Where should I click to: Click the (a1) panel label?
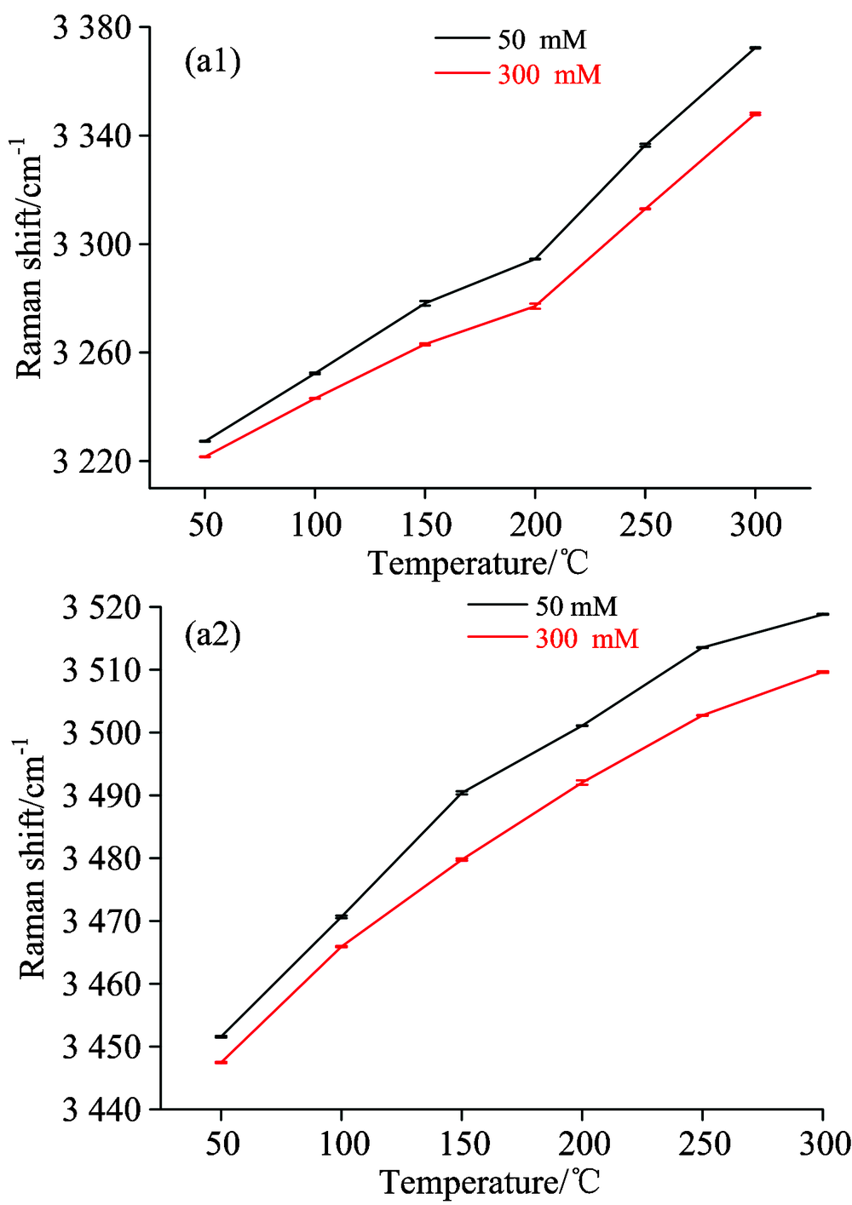213,62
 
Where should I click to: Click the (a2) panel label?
213,635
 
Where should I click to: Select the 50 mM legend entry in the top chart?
542,39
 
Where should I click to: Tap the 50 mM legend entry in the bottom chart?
576,606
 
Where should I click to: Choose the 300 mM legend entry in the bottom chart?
586,639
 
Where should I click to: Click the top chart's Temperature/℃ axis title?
478,563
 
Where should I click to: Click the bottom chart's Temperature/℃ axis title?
490,1182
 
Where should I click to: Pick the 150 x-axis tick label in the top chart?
425,525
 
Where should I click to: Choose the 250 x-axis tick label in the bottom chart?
704,1144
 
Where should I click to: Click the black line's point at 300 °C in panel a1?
755,48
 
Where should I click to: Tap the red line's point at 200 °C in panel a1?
535,305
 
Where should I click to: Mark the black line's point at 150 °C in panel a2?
462,793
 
